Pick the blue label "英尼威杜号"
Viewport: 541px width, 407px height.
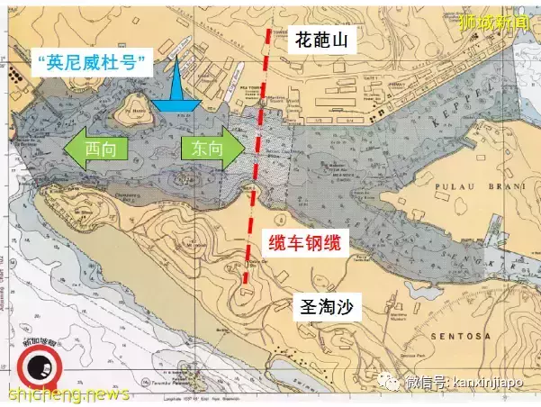[91, 62]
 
